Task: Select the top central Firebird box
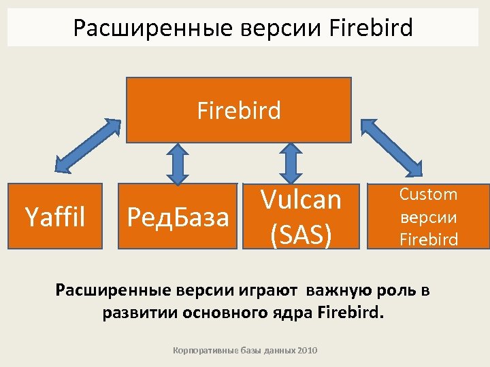[239, 110]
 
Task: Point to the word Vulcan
[301, 200]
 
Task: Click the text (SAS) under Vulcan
[301, 233]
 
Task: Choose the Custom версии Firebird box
[428, 216]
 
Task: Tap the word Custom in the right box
[428, 194]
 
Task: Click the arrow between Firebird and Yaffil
[86, 145]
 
